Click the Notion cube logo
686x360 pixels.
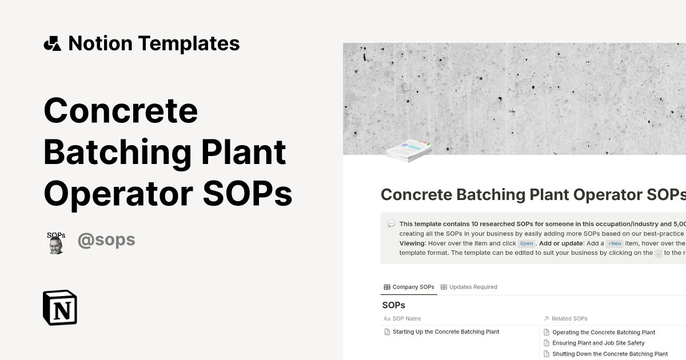coord(60,307)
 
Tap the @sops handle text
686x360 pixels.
coord(106,240)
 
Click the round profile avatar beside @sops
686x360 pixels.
coord(56,243)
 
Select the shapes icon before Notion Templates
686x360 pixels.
coord(53,43)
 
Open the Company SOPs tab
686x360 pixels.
coord(409,287)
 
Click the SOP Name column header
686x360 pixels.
coord(406,318)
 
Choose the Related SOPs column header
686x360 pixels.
coord(569,318)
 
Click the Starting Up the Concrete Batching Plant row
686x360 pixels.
coord(446,331)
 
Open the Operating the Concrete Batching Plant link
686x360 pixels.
coord(604,332)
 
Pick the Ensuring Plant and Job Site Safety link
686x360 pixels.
coord(598,343)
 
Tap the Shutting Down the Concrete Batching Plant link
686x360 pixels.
coord(609,354)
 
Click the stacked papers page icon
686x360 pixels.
coord(408,151)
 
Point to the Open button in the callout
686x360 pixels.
coord(527,243)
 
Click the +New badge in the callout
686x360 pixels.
coord(615,243)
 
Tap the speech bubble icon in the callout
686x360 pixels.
coord(391,224)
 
